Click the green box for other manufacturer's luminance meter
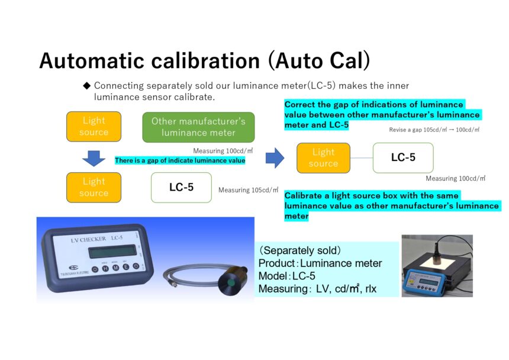pos(198,127)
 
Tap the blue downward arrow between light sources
pos(94,159)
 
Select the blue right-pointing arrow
pos(275,158)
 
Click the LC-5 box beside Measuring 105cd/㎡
pos(181,187)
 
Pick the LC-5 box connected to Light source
pos(403,157)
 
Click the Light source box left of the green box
pos(94,127)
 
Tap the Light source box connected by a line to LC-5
pos(323,157)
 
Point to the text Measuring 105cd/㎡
pos(249,190)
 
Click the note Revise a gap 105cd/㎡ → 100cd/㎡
pos(434,130)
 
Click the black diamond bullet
pos(86,86)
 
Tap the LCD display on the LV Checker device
pos(112,251)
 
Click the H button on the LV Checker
pos(105,268)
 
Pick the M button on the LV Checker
pos(115,268)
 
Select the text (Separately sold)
pos(299,250)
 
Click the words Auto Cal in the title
pos(319,61)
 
